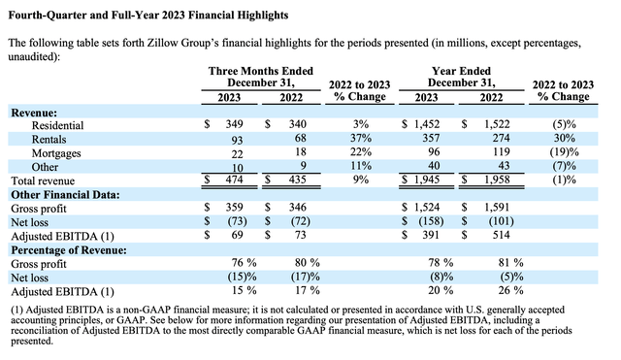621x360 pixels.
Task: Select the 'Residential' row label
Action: pyautogui.click(x=59, y=125)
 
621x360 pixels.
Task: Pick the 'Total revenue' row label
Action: pyautogui.click(x=45, y=180)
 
